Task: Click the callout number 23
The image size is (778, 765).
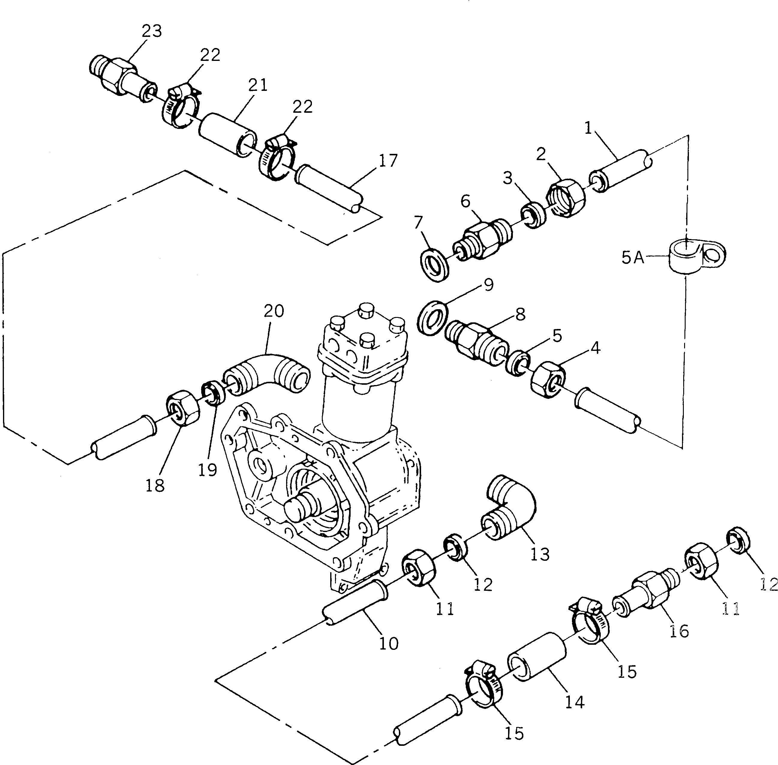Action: [151, 31]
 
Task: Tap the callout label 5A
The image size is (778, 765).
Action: [633, 258]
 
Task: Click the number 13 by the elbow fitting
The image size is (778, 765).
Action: [539, 554]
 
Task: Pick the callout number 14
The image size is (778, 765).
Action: [575, 702]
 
